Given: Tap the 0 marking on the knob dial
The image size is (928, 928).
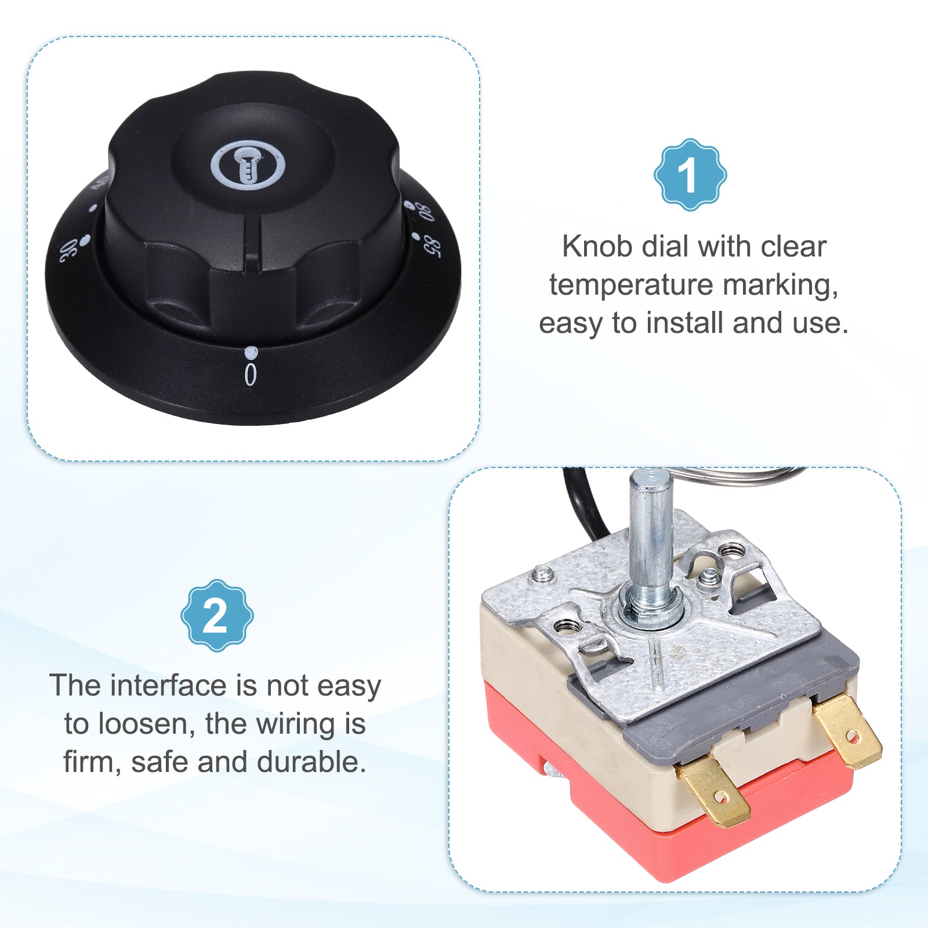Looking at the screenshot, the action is [250, 375].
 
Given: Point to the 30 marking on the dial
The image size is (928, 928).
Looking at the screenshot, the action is [68, 251].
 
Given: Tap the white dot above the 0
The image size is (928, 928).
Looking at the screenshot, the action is [251, 351].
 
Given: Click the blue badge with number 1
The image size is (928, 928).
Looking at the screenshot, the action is [690, 175].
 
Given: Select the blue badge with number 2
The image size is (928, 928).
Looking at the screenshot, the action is [217, 615].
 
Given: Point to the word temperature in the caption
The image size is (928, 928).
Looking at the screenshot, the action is [632, 285].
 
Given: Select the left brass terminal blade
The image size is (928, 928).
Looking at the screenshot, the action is [713, 790].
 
